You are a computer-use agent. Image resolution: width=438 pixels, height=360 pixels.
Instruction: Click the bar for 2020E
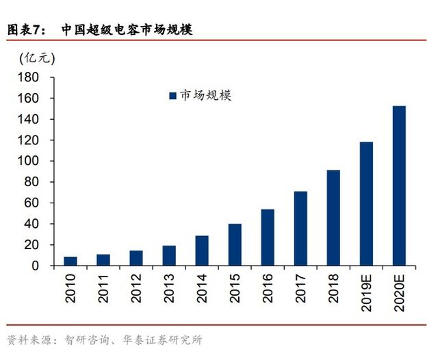399,185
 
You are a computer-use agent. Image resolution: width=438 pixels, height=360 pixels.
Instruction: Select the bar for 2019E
366,203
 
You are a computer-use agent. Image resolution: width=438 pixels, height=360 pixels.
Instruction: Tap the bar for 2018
333,218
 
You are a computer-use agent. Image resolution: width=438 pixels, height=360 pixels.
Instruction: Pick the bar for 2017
300,228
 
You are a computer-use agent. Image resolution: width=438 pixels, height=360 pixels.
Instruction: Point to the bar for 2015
235,244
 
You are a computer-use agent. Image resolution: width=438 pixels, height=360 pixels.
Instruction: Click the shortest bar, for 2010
70,261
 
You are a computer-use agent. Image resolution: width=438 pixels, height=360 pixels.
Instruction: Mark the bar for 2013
169,255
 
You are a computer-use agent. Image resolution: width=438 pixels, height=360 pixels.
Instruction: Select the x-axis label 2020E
399,290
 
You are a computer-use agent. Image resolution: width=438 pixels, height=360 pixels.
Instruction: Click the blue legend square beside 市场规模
172,96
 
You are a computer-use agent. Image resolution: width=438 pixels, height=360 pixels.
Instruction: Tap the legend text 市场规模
205,96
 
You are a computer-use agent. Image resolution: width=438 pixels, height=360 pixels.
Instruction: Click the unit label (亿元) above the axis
36,57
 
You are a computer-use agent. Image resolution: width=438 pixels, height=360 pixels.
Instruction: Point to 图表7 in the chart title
25,29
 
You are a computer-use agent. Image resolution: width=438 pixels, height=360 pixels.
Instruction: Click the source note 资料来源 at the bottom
31,339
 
